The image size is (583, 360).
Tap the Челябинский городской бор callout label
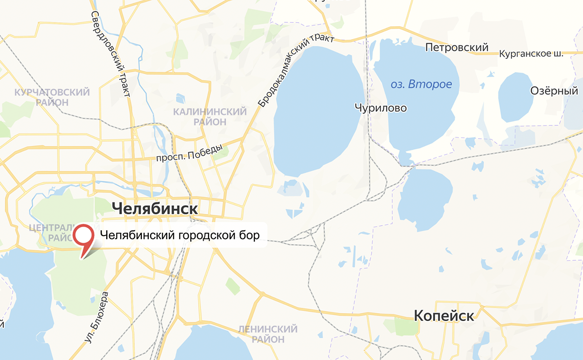coord(180,235)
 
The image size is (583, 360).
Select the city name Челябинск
coord(155,208)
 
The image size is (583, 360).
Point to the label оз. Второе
coord(421,84)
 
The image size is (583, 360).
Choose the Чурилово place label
coord(381,107)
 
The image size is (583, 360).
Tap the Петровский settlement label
coord(457,47)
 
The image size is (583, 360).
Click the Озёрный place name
coord(554,91)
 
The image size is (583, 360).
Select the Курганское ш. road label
coord(531,53)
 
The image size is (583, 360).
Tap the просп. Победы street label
coord(189,153)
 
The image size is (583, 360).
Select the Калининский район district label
coord(209,117)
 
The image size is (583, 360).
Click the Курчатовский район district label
coord(52,97)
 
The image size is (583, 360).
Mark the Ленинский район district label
coord(267,334)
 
